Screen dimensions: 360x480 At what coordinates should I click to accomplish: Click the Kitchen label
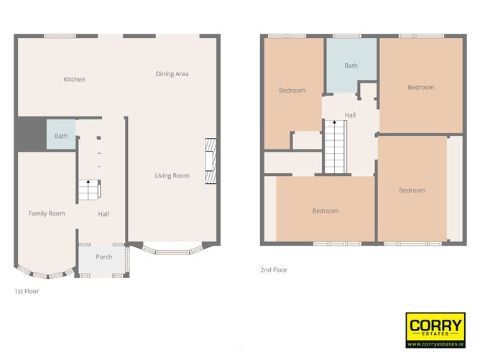tap(74, 80)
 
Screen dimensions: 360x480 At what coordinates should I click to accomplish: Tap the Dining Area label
tap(172, 74)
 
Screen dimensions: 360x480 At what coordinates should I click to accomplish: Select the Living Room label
tap(172, 175)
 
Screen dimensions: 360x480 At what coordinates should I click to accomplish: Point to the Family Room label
tap(47, 213)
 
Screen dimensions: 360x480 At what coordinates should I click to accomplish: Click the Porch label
tap(103, 257)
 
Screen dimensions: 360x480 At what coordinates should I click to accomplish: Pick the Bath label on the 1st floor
tap(61, 136)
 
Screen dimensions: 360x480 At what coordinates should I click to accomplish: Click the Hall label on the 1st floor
tap(103, 214)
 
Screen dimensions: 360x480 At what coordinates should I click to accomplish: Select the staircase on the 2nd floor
tap(336, 147)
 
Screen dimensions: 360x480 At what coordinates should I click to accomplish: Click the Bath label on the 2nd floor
tap(351, 66)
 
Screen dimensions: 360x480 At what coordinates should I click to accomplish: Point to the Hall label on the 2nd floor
tap(350, 115)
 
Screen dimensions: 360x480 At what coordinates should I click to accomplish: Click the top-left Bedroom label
tap(292, 91)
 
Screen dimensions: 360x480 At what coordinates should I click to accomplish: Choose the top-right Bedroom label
tap(420, 88)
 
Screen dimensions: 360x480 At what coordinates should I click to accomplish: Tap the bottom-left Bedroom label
tap(325, 211)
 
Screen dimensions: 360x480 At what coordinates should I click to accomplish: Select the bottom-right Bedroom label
tap(412, 190)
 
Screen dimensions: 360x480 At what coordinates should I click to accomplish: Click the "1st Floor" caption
tap(27, 292)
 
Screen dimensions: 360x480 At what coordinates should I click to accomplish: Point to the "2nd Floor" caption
tap(274, 270)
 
